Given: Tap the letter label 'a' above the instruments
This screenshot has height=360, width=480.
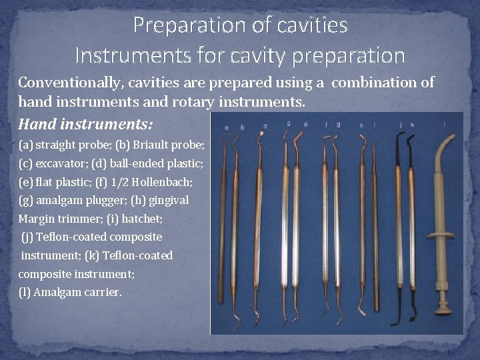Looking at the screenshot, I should tap(226, 127).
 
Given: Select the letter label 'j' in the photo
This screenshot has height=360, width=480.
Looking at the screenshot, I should tap(400, 124).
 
